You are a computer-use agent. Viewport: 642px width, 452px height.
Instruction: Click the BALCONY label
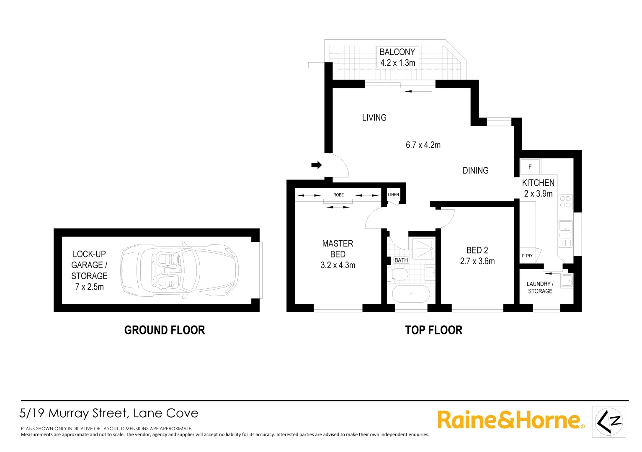[x=397, y=52]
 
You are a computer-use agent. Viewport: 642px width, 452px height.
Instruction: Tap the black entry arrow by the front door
[x=317, y=165]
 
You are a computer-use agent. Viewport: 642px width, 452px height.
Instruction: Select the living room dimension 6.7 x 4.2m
[x=423, y=145]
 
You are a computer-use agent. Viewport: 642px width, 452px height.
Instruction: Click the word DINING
[x=475, y=170]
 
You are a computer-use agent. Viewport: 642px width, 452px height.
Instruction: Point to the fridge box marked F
[x=530, y=167]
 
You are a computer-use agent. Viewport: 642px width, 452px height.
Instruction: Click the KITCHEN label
[x=538, y=182]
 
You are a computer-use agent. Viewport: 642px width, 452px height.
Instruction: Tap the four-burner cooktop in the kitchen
[x=565, y=202]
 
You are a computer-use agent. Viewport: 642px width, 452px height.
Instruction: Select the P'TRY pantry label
[x=527, y=256]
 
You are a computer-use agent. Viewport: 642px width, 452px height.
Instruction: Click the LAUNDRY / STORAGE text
[x=540, y=287]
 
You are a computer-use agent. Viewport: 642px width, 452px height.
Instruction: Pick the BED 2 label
[x=477, y=250]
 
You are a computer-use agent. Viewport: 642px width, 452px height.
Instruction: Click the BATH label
[x=401, y=260]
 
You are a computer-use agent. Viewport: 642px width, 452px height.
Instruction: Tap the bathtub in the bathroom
[x=411, y=294]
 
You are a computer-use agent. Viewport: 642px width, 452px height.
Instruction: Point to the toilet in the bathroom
[x=399, y=275]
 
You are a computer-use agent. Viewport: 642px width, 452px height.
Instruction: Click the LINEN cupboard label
[x=393, y=195]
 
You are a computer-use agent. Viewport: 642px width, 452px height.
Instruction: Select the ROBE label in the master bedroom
[x=338, y=195]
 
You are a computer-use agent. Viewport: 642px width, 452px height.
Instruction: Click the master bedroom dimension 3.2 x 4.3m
[x=338, y=265]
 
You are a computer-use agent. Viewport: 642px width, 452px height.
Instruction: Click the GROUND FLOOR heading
[x=165, y=330]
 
